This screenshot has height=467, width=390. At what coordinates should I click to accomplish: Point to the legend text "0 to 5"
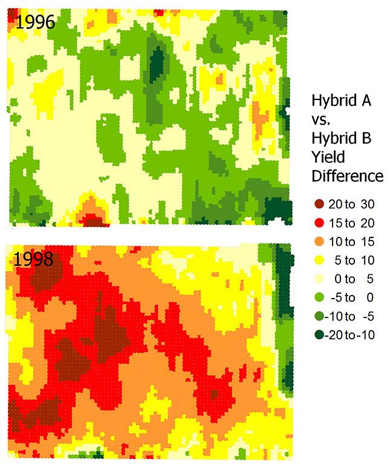353,279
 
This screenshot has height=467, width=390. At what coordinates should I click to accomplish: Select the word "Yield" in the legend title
328,157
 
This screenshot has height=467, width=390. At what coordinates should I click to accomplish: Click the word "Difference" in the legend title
347,176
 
